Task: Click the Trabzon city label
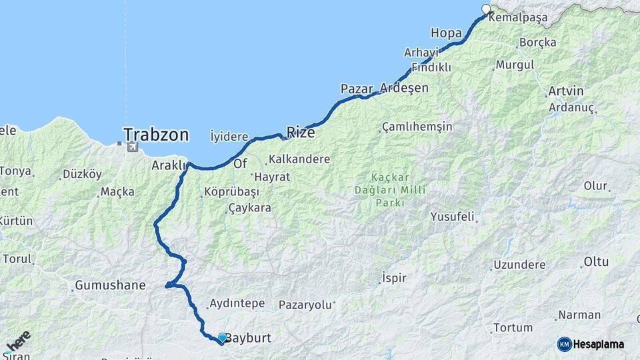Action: pyautogui.click(x=155, y=135)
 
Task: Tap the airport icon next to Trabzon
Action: pyautogui.click(x=132, y=145)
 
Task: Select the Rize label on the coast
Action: pyautogui.click(x=300, y=132)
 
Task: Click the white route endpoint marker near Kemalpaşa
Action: pyautogui.click(x=486, y=9)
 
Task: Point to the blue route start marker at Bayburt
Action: pyautogui.click(x=221, y=338)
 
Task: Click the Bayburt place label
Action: pyautogui.click(x=248, y=338)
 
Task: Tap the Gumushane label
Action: pyautogui.click(x=110, y=285)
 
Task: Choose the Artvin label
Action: pyautogui.click(x=565, y=91)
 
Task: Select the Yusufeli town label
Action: pyautogui.click(x=452, y=217)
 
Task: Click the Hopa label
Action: pyautogui.click(x=446, y=33)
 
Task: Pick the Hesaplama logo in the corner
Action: pyautogui.click(x=591, y=344)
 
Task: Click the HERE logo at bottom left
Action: pyautogui.click(x=17, y=341)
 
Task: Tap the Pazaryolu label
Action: pyautogui.click(x=305, y=305)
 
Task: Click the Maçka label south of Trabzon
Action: pyautogui.click(x=117, y=192)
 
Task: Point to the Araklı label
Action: pyautogui.click(x=167, y=165)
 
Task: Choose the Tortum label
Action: pyautogui.click(x=513, y=328)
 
